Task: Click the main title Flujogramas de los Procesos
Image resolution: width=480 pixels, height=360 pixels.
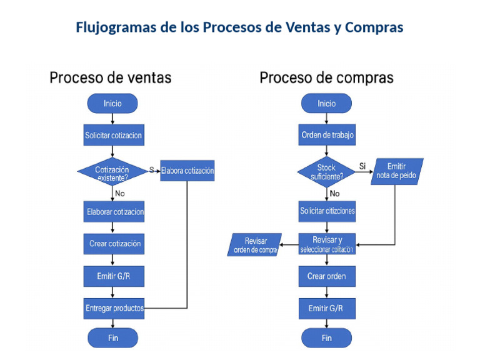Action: (x=239, y=27)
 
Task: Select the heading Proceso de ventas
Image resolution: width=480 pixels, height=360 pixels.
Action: (x=110, y=77)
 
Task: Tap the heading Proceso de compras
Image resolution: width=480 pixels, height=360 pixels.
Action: (x=326, y=77)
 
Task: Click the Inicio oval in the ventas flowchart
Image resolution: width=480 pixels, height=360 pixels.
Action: (x=112, y=104)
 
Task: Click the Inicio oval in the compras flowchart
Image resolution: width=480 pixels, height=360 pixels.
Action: (x=326, y=104)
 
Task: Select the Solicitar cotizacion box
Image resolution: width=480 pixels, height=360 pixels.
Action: (x=112, y=135)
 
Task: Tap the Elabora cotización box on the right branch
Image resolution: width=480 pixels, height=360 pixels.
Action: (x=187, y=171)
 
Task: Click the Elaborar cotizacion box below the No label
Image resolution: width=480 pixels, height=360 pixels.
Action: (x=114, y=211)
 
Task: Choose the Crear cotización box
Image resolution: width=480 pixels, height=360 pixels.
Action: (x=114, y=244)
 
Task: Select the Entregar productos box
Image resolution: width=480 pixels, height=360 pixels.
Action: (x=114, y=308)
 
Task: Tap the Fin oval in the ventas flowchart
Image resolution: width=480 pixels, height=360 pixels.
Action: (x=112, y=338)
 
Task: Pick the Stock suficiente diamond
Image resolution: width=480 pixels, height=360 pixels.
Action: (x=326, y=172)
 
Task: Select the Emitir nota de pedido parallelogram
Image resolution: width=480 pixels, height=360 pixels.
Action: (x=397, y=171)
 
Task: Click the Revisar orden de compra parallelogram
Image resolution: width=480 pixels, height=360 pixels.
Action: (x=255, y=245)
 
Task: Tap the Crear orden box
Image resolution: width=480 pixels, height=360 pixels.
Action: (x=326, y=276)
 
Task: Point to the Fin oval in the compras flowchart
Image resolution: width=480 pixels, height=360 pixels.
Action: (x=326, y=338)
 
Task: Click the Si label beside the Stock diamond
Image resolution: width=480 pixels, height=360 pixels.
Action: (x=362, y=166)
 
